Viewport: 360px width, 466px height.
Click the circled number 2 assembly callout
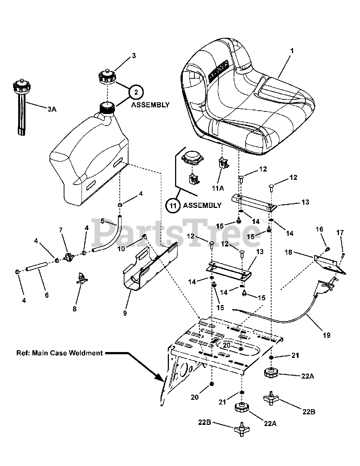click(136, 92)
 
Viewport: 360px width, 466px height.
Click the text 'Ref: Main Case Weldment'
click(59, 353)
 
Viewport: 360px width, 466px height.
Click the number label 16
click(319, 229)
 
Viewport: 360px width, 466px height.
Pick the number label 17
click(340, 232)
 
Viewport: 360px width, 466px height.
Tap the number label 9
click(125, 313)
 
